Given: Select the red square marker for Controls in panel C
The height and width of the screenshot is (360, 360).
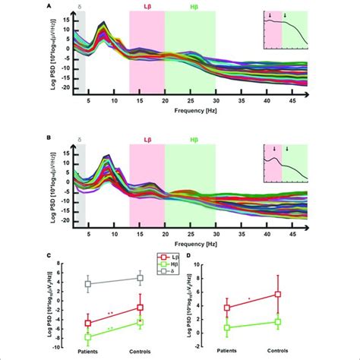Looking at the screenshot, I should pyautogui.click(x=140, y=307).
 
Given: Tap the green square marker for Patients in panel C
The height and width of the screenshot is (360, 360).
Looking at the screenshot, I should pyautogui.click(x=88, y=336).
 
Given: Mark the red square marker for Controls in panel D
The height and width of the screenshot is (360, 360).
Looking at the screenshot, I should pyautogui.click(x=277, y=294).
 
